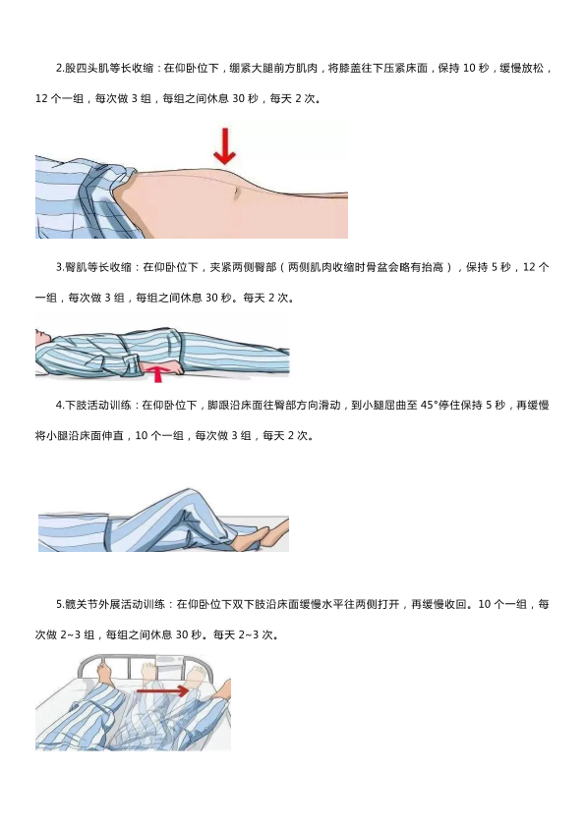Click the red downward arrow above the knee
pyautogui.click(x=225, y=146)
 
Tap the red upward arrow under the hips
pyautogui.click(x=157, y=374)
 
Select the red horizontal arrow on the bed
pyautogui.click(x=162, y=690)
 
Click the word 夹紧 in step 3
pyautogui.click(x=221, y=267)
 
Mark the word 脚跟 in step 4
pyautogui.click(x=218, y=405)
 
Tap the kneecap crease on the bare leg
pyautogui.click(x=237, y=193)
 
